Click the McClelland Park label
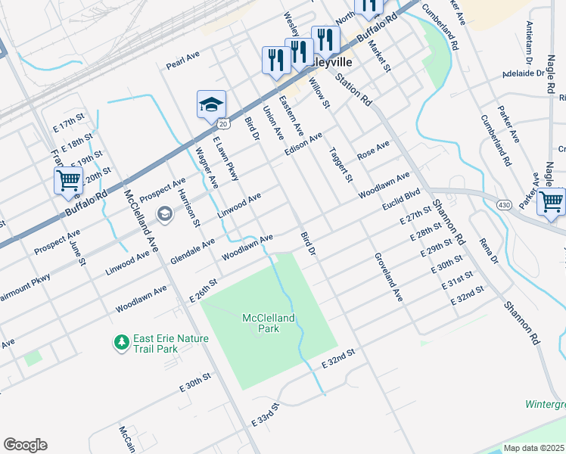[x=268, y=324]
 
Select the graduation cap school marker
[x=212, y=104]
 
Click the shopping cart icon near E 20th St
[x=68, y=181]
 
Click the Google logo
[x=25, y=445]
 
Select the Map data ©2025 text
[x=534, y=448]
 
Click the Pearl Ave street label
[x=182, y=61]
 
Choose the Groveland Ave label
[x=387, y=277]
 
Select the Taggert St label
[x=341, y=165]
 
